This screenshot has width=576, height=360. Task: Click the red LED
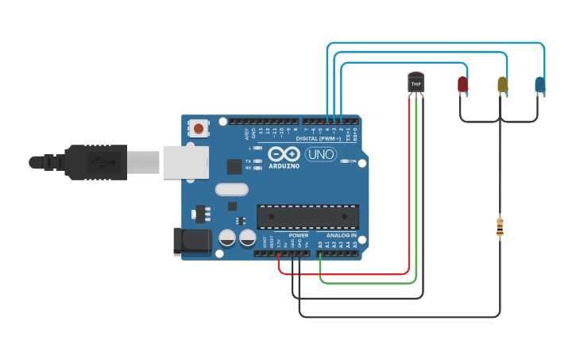pos(462,83)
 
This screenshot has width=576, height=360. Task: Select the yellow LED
pos(502,84)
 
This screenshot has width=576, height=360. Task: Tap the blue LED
pos(540,84)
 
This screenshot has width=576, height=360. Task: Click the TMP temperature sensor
pos(416,83)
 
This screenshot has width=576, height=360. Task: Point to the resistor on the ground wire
pos(500,227)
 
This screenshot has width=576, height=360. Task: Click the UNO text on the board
pos(321,154)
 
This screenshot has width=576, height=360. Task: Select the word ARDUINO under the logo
pos(284,166)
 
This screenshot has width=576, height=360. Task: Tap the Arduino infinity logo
pos(284,154)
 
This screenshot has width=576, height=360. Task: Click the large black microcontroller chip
pos(307,217)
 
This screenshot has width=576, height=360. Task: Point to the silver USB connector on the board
pos(185,162)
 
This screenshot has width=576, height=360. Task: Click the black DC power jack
pos(192,242)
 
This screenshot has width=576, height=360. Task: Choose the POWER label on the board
pos(299,235)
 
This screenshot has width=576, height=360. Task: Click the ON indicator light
pos(344,161)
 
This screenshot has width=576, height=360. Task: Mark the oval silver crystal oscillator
pos(231,190)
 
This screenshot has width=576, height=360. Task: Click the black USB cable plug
pos(95,162)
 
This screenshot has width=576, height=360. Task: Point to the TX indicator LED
pos(257,161)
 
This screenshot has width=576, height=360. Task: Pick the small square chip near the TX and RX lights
pos(234,166)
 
